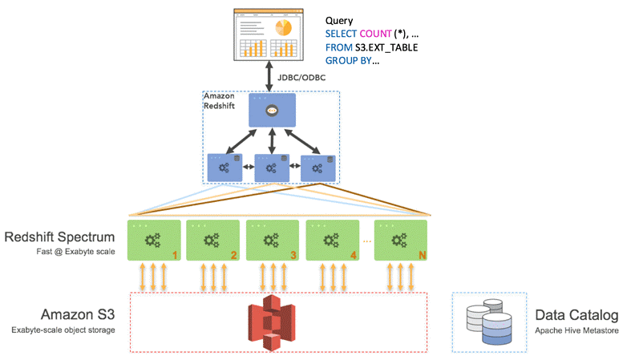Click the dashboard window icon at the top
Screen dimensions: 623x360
tap(269, 34)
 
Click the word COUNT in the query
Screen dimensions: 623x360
tap(375, 34)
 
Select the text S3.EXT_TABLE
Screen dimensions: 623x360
tap(386, 47)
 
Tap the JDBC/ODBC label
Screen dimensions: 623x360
tap(301, 78)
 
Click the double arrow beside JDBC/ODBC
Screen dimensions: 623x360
tap(269, 76)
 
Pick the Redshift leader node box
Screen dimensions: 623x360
tap(272, 110)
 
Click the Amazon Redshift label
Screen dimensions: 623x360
tap(219, 101)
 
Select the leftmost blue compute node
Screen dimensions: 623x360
tap(225, 168)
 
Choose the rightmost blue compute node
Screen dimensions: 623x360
tap(318, 168)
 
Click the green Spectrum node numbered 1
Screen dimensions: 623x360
tap(154, 241)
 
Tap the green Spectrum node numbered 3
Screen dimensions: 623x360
tap(273, 241)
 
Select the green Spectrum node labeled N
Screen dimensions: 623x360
tap(401, 241)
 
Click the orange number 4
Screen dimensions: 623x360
tap(354, 255)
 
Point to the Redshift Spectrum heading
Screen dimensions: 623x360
tap(59, 237)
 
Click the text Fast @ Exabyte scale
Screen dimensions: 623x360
tap(75, 252)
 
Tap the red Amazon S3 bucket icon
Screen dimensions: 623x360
tap(272, 322)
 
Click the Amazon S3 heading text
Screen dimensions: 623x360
tap(78, 314)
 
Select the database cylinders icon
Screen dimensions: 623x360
tap(489, 322)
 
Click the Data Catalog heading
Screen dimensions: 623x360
tap(576, 315)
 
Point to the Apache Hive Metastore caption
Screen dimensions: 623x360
tap(576, 330)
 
